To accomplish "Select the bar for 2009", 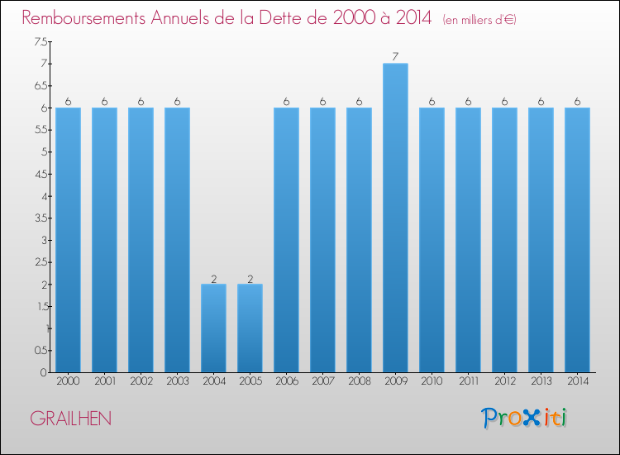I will click(x=395, y=218).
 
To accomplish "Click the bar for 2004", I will click(x=213, y=328).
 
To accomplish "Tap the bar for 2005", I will click(x=250, y=328).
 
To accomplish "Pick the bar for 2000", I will click(x=68, y=240).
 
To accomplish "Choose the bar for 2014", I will click(x=577, y=240).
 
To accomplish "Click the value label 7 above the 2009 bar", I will click(x=395, y=57).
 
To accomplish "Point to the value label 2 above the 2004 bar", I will click(x=213, y=279).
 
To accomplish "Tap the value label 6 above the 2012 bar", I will click(x=504, y=102).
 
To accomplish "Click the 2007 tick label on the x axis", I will click(x=322, y=382).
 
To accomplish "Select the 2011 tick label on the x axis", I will click(x=468, y=382).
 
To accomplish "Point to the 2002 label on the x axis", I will click(x=141, y=382).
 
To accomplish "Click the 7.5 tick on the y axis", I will click(x=41, y=42).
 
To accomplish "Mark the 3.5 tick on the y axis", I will click(x=41, y=218).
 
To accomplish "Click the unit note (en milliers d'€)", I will click(x=479, y=19).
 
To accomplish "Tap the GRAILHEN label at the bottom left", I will click(x=70, y=419).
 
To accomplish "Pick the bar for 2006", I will click(x=286, y=240).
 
